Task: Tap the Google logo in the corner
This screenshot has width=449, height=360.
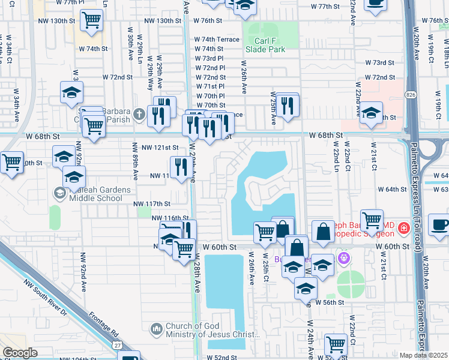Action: click(20, 353)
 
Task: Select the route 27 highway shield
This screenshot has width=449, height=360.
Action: click(117, 345)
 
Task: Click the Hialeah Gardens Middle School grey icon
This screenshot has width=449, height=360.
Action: click(59, 193)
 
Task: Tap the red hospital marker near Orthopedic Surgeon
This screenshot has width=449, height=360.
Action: click(403, 229)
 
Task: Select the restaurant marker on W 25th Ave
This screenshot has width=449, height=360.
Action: click(288, 106)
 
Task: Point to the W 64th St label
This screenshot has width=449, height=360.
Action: click(393, 189)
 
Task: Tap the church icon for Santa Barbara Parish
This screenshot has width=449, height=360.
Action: click(139, 113)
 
